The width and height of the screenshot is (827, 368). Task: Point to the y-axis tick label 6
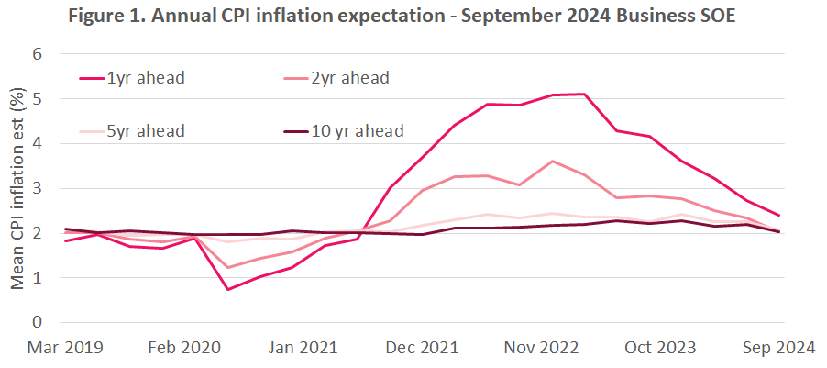(38, 54)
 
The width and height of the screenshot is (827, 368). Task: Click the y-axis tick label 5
(38, 99)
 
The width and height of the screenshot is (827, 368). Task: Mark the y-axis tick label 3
(38, 188)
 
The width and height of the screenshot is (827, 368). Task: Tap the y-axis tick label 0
(38, 322)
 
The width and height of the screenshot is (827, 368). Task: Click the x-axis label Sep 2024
(779, 348)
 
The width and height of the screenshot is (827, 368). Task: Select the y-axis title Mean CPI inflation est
(16, 189)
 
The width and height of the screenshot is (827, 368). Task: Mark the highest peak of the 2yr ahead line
(552, 162)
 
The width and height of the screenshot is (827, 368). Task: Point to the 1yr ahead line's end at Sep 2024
(779, 215)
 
